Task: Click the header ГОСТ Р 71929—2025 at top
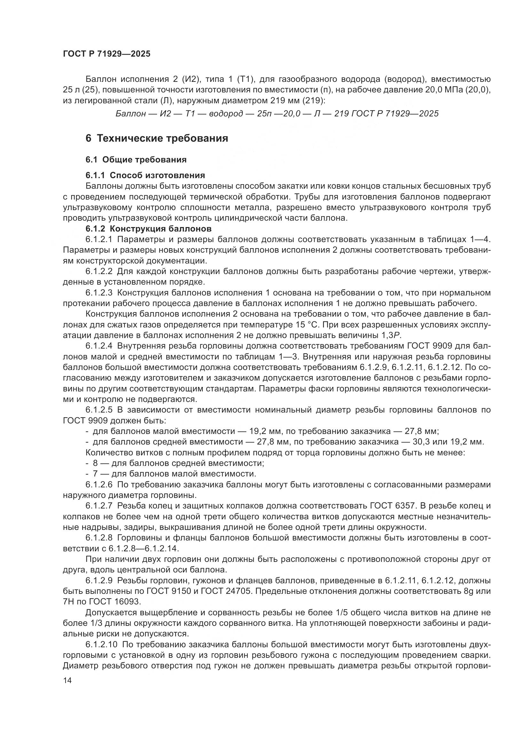pyautogui.click(x=107, y=54)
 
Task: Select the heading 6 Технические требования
pyautogui.click(x=157, y=138)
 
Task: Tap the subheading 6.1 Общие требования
pyautogui.click(x=136, y=160)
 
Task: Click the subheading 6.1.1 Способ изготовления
pyautogui.click(x=145, y=175)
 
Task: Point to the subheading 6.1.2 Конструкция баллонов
pyautogui.click(x=148, y=229)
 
